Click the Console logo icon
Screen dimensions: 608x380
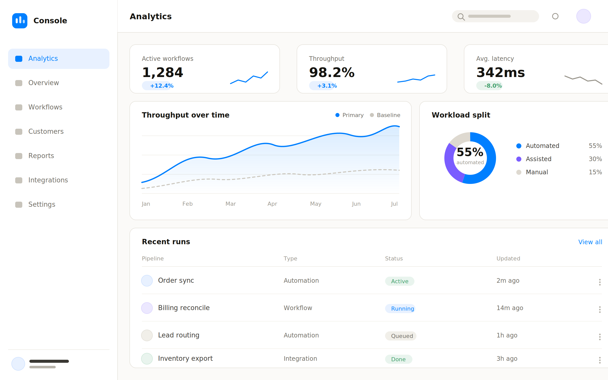(x=20, y=21)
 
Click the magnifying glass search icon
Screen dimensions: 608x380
(x=461, y=17)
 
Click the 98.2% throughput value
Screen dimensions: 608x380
(x=332, y=72)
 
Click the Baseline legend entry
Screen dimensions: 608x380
(x=385, y=115)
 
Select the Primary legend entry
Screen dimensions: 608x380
(x=350, y=115)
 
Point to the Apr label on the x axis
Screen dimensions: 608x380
(x=272, y=204)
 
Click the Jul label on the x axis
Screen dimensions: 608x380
(x=394, y=204)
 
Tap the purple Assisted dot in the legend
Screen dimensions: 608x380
(x=519, y=159)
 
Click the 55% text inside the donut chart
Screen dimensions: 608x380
(x=470, y=152)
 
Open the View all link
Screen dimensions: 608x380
(x=590, y=242)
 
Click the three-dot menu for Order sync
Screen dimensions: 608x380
(x=600, y=282)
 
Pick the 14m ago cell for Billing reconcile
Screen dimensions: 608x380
(x=510, y=308)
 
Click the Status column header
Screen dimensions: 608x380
(x=394, y=258)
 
